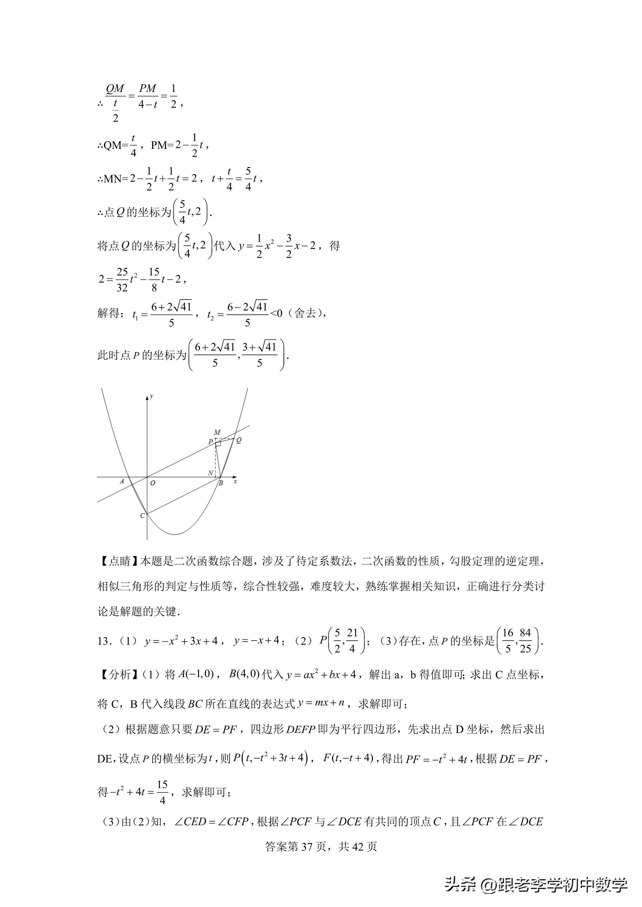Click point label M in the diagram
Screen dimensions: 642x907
[217, 432]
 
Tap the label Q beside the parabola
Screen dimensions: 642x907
[239, 440]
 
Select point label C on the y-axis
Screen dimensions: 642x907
[142, 515]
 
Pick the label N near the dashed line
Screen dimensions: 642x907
[210, 473]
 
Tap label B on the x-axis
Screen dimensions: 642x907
[221, 483]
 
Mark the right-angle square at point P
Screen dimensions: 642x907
[218, 444]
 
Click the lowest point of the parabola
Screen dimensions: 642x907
[175, 535]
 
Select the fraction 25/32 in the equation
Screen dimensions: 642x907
[122, 280]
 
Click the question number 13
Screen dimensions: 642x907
[103, 641]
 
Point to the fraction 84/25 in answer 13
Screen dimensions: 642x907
[525, 641]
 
